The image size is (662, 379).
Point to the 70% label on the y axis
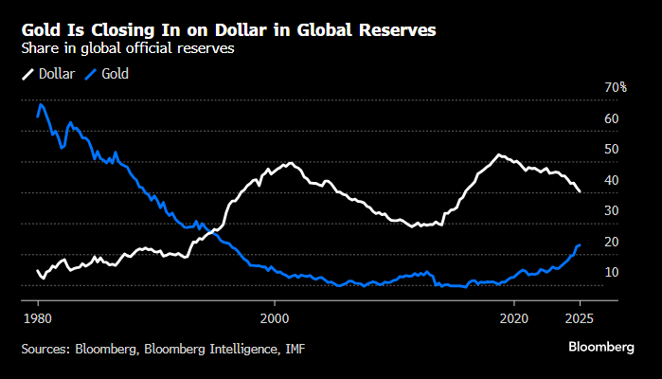click(x=616, y=87)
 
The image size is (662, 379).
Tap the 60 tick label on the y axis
click(x=611, y=118)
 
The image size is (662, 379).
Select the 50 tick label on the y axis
click(x=611, y=149)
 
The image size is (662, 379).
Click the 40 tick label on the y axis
click(x=611, y=180)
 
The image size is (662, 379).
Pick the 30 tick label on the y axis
click(x=611, y=210)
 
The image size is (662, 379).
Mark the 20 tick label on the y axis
click(x=611, y=242)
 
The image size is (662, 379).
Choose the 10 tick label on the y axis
click(x=611, y=272)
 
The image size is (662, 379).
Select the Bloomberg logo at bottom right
click(x=601, y=348)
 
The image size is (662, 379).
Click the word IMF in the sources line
click(x=293, y=349)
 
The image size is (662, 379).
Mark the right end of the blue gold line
click(x=580, y=245)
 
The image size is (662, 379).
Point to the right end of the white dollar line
click(x=580, y=191)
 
